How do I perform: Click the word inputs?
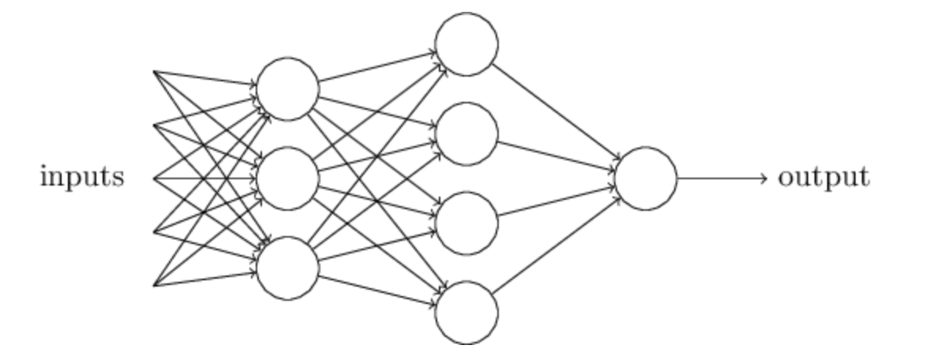[x=81, y=178]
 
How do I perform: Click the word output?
[x=824, y=178]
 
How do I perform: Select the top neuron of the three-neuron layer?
[x=288, y=88]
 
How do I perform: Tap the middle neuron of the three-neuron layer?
[x=288, y=178]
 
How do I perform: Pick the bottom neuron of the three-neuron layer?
[x=288, y=268]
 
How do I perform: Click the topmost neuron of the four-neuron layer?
[x=467, y=44]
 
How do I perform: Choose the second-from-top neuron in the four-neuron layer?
[x=467, y=133]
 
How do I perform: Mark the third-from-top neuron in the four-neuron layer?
[x=467, y=223]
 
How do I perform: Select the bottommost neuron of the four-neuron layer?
[x=467, y=313]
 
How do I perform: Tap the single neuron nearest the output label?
[x=646, y=178]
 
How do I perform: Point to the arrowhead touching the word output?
[x=764, y=178]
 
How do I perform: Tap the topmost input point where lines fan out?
[x=153, y=71]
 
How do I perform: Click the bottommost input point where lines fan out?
[x=153, y=286]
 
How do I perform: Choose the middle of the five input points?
[x=153, y=178]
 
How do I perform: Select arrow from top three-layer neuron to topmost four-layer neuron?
[x=377, y=66]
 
